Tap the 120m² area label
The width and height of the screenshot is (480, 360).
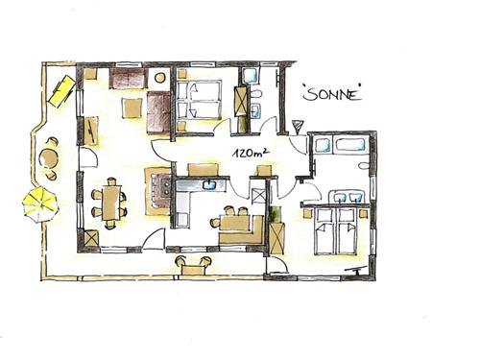(x=251, y=153)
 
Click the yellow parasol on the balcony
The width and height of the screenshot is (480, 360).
(x=40, y=204)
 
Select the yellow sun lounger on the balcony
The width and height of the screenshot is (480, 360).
(x=61, y=90)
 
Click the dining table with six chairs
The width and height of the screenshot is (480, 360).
(x=110, y=203)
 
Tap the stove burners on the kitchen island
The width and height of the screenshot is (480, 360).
(x=166, y=188)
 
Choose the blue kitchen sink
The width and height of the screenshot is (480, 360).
(x=209, y=184)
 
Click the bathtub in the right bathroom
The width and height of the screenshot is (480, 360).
(x=349, y=145)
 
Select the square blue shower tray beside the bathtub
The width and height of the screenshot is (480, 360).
(x=324, y=145)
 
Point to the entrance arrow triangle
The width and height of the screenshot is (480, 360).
(x=298, y=126)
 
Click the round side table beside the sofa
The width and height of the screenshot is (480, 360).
(x=159, y=78)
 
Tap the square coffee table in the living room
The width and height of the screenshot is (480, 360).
(x=132, y=108)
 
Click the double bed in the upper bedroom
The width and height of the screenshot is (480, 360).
(x=199, y=100)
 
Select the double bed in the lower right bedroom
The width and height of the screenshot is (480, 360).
(x=336, y=231)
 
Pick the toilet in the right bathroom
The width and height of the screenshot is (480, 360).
(x=365, y=166)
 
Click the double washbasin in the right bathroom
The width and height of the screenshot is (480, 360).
(x=348, y=197)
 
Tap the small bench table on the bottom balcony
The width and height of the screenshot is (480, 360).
(x=193, y=270)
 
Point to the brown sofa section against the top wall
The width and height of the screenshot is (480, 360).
(x=128, y=78)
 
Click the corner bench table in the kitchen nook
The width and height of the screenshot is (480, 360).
(x=235, y=223)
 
